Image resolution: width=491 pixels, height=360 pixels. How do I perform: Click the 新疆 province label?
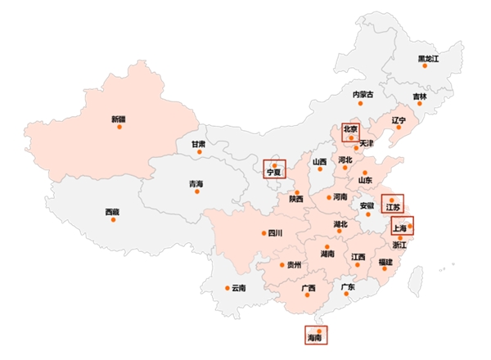click(119, 119)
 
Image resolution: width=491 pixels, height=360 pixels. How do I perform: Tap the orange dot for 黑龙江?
click(425, 65)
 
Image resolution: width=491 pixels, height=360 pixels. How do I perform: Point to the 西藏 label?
click(112, 213)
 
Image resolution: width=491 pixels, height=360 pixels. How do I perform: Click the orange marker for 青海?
click(196, 191)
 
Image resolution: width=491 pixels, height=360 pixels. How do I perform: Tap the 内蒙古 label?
click(363, 95)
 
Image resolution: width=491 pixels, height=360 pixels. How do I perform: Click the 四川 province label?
click(275, 233)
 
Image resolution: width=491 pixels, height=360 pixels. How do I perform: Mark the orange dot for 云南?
click(227, 287)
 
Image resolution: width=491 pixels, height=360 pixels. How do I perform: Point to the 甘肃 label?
click(199, 145)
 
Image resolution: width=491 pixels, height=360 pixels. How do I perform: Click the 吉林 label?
click(420, 97)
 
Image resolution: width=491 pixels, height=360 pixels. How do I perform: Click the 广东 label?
click(348, 287)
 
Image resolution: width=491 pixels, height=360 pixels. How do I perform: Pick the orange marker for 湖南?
click(327, 246)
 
